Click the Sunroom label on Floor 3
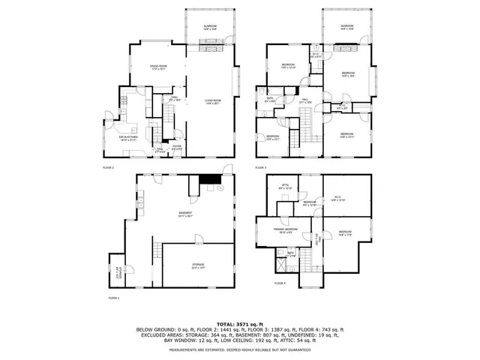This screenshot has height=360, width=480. [x=346, y=27]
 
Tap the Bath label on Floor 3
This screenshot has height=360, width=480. [x=270, y=99]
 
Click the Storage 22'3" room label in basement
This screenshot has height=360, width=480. [x=198, y=265]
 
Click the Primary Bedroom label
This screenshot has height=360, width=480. [x=285, y=230]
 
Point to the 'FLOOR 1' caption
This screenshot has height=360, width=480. [x=114, y=298]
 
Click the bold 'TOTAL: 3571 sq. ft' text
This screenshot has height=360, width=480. [x=240, y=323]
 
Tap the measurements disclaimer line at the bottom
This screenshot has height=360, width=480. [x=240, y=349]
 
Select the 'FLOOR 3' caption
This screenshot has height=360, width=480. [x=260, y=167]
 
